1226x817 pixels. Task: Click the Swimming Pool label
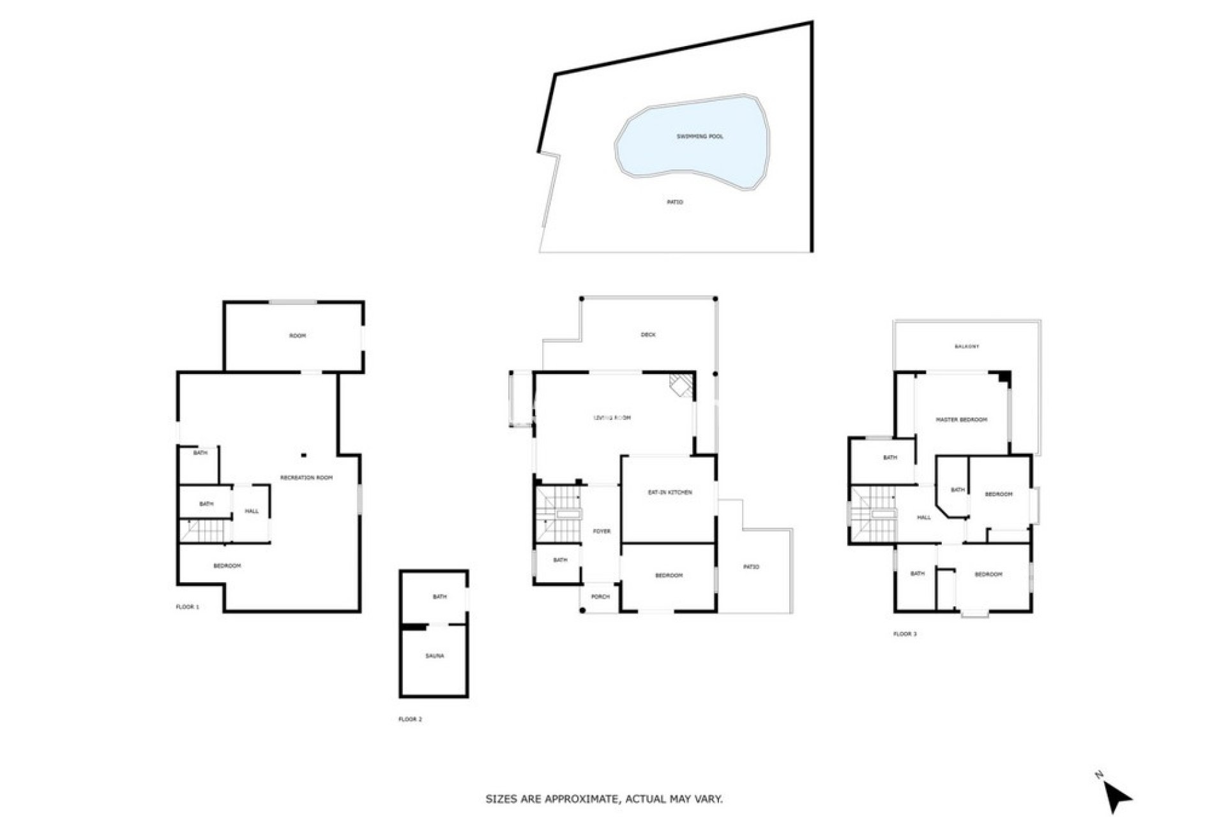pos(700,137)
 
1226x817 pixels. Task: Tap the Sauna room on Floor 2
pos(434,656)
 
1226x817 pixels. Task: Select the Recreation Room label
pos(306,477)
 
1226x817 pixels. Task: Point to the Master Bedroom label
pos(961,420)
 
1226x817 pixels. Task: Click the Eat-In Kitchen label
pos(670,493)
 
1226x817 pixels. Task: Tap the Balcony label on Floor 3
pos(967,347)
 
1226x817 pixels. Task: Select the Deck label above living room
pos(648,334)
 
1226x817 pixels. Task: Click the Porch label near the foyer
pos(601,597)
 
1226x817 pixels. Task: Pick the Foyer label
pos(602,531)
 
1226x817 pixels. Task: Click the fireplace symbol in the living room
pos(681,386)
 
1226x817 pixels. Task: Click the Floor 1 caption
pos(188,607)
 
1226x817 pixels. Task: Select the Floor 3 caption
pos(905,634)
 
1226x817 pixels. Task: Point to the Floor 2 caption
pos(410,719)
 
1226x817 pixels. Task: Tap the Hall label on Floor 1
pos(252,511)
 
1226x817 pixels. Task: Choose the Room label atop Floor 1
pos(298,336)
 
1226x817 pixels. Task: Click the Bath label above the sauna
pos(439,597)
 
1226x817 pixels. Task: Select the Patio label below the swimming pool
pos(675,202)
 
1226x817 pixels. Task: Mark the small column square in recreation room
pos(304,455)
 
